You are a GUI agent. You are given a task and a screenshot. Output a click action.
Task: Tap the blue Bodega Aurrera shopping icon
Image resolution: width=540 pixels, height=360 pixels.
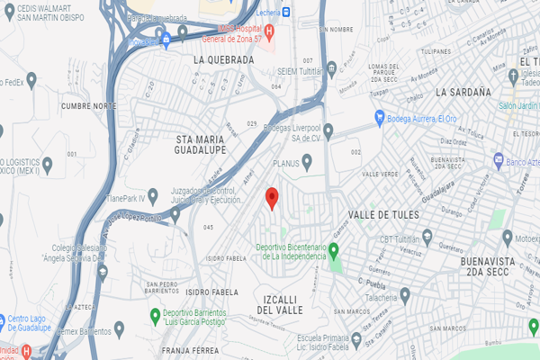point(380,117)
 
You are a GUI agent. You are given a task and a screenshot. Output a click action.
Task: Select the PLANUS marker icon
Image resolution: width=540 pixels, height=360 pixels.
point(307,163)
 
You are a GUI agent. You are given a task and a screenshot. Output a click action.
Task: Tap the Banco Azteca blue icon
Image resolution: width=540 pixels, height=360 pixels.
point(498,160)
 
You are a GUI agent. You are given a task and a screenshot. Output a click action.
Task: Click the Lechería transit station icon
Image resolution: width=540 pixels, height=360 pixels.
point(286,12)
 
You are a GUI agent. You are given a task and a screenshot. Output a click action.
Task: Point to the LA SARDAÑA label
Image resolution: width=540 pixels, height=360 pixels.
point(463,92)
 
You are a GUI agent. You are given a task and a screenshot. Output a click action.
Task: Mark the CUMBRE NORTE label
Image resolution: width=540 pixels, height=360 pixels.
point(89,105)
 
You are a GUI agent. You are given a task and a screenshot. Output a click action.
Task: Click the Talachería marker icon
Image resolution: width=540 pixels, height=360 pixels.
point(405,293)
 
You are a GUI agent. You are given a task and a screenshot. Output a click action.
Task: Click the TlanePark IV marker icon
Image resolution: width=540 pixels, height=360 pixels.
point(154,193)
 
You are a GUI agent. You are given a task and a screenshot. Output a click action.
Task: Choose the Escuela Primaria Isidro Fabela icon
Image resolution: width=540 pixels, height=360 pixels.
point(356,339)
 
